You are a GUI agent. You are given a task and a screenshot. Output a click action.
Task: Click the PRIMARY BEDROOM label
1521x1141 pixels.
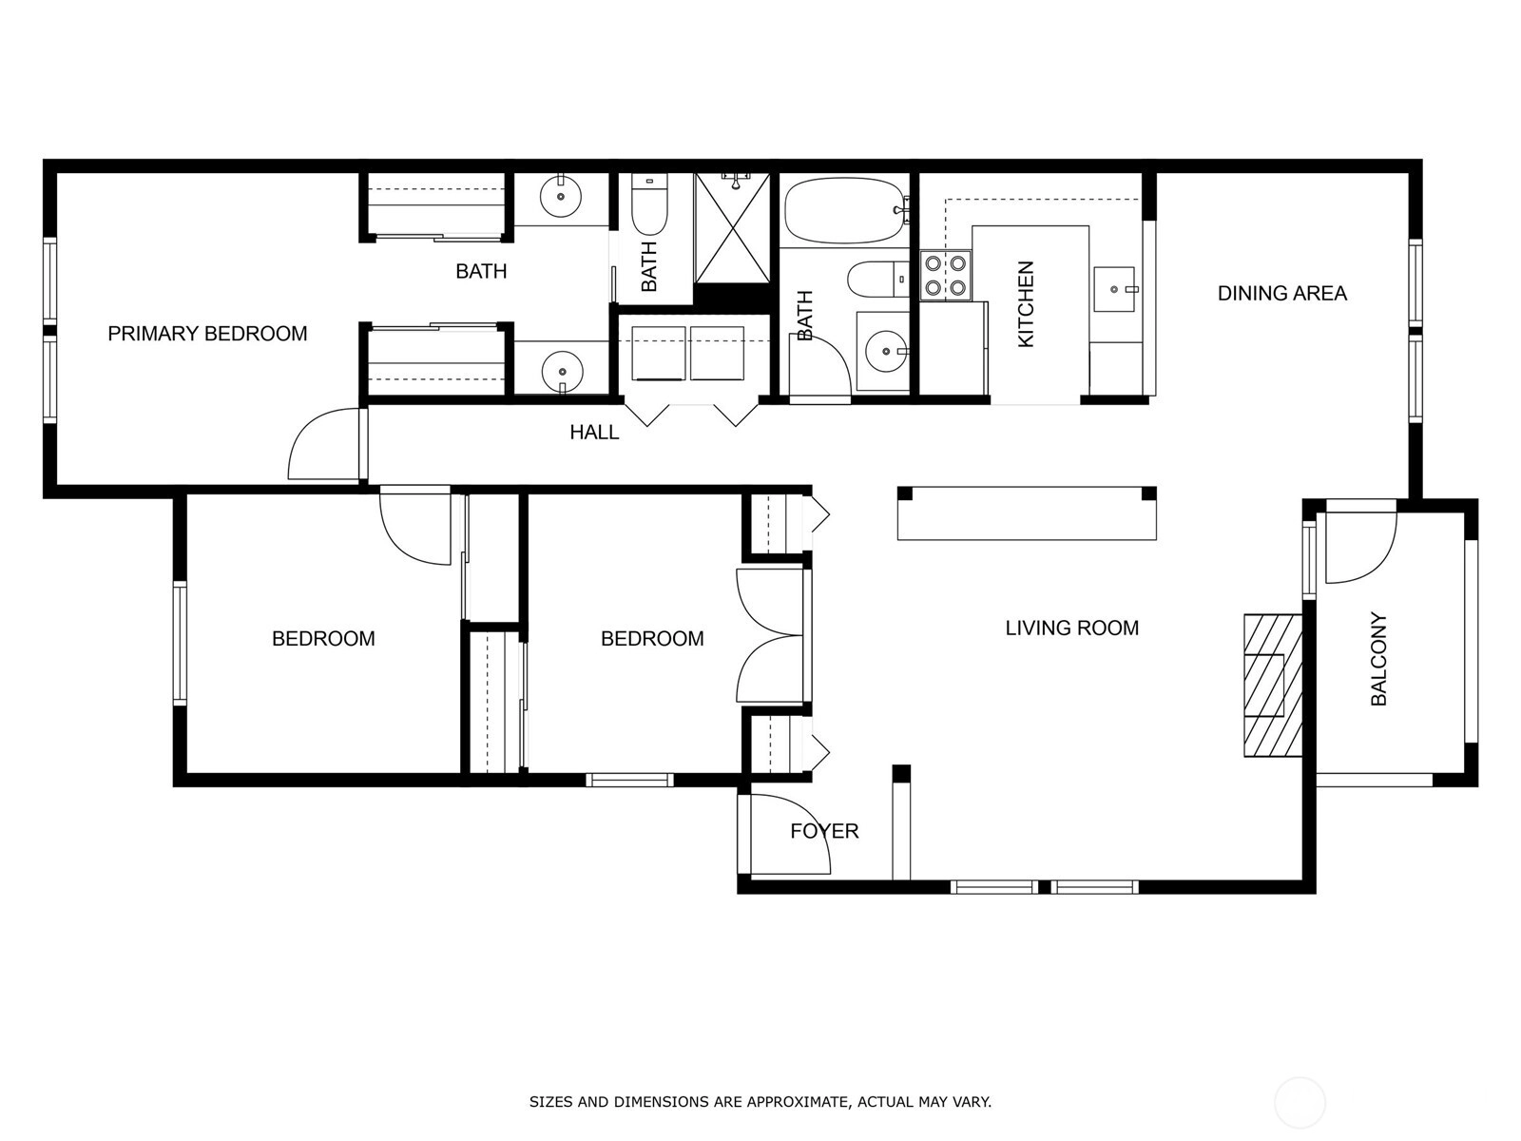pyautogui.click(x=207, y=334)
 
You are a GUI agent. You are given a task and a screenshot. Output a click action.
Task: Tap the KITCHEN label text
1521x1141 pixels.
pyautogui.click(x=1025, y=304)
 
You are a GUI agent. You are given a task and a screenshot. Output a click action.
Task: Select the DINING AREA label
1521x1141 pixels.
pyautogui.click(x=1282, y=293)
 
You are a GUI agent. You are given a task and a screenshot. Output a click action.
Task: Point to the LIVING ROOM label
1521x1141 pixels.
pyautogui.click(x=1072, y=628)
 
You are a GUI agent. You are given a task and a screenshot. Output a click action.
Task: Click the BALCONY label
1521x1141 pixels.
pyautogui.click(x=1378, y=659)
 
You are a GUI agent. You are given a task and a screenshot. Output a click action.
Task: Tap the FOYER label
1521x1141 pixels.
pyautogui.click(x=824, y=831)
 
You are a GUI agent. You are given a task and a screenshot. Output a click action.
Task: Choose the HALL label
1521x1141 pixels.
pyautogui.click(x=594, y=433)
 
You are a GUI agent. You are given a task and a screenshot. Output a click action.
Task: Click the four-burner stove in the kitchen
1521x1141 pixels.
pyautogui.click(x=946, y=275)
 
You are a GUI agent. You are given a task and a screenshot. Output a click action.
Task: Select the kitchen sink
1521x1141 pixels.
pyautogui.click(x=1114, y=289)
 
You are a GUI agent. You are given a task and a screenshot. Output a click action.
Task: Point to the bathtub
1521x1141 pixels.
pyautogui.click(x=845, y=210)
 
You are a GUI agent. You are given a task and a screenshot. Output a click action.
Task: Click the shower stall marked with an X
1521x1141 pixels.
pyautogui.click(x=732, y=228)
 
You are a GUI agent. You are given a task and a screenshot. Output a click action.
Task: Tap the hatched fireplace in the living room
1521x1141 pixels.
pyautogui.click(x=1273, y=686)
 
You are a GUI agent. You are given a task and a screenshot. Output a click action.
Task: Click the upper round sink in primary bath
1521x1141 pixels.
pyautogui.click(x=561, y=196)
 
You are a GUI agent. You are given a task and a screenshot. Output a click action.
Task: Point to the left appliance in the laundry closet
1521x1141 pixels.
pyautogui.click(x=658, y=353)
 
